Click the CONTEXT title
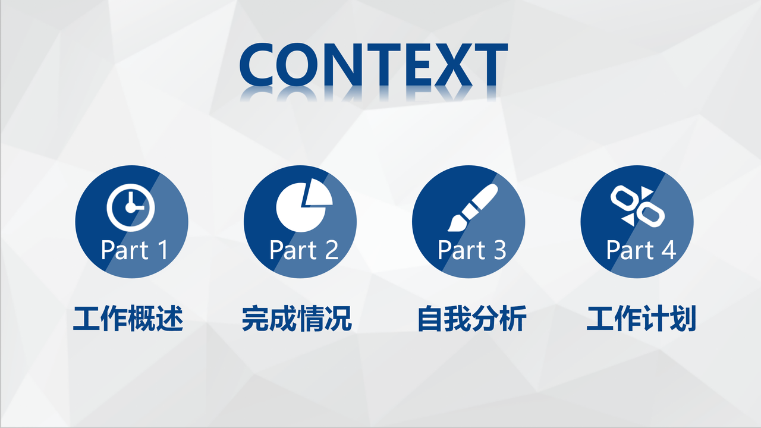[373, 65]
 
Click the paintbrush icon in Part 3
[473, 207]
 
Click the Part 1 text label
[134, 250]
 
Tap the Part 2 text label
[303, 250]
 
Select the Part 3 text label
[471, 250]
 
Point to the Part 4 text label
[640, 250]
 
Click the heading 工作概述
[128, 319]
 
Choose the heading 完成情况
[297, 319]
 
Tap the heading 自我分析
[471, 319]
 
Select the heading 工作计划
[641, 319]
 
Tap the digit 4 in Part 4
[668, 250]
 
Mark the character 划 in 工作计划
[683, 319]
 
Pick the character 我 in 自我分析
[458, 319]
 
